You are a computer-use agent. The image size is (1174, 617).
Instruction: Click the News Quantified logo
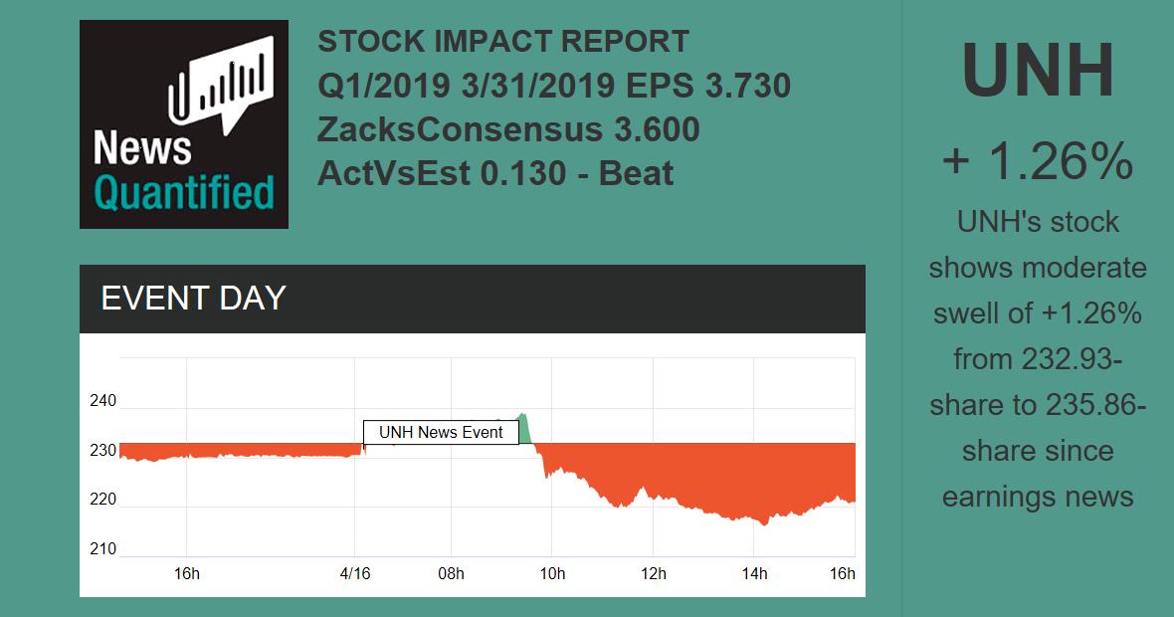[x=184, y=124]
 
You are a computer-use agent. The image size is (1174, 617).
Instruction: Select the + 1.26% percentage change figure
[x=1038, y=160]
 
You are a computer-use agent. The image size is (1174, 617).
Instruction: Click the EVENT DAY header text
[x=194, y=298]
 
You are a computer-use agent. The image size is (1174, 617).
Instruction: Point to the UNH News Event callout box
[x=441, y=432]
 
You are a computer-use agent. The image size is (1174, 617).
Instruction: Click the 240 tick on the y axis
[x=103, y=401]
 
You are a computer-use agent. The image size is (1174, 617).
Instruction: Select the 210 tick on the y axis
[x=103, y=549]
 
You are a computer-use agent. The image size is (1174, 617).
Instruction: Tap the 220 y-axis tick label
[x=103, y=500]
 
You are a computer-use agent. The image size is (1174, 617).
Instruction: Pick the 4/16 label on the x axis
[x=355, y=573]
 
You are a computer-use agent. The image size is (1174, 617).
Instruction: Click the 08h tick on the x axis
[x=451, y=573]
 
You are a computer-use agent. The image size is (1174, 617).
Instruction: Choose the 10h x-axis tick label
[x=552, y=573]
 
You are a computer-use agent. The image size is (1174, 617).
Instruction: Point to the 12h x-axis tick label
[x=653, y=573]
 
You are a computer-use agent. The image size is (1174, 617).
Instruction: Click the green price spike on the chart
[x=522, y=426]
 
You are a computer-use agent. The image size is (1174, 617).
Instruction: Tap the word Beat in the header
[x=634, y=173]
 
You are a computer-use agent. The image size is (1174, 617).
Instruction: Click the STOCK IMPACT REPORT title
[x=503, y=42]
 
